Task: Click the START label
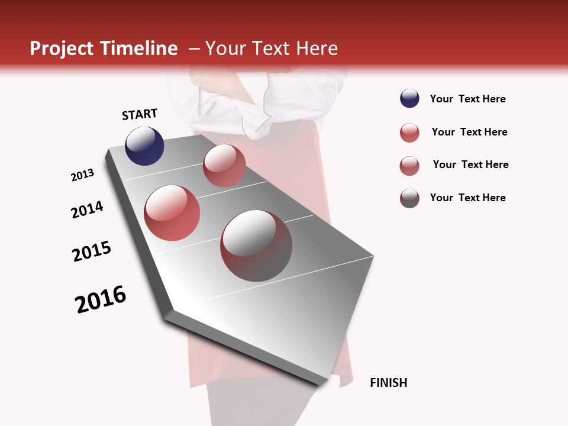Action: click(x=140, y=114)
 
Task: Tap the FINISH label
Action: click(x=388, y=383)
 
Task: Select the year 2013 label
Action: click(x=83, y=175)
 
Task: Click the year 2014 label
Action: click(x=87, y=209)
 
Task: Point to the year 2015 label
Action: click(x=92, y=251)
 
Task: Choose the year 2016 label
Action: click(x=101, y=299)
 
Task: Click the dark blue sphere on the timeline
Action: click(x=144, y=146)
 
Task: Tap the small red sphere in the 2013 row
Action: click(x=224, y=166)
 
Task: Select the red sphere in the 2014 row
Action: click(x=172, y=213)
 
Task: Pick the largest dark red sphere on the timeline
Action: click(x=256, y=246)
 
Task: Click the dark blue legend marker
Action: click(x=409, y=99)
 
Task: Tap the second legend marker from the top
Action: click(x=409, y=133)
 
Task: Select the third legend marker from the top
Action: click(x=409, y=166)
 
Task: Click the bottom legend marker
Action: click(x=409, y=198)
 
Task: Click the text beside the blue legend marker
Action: click(x=467, y=99)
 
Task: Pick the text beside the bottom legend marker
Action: click(x=467, y=198)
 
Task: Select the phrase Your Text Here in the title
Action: click(x=272, y=49)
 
